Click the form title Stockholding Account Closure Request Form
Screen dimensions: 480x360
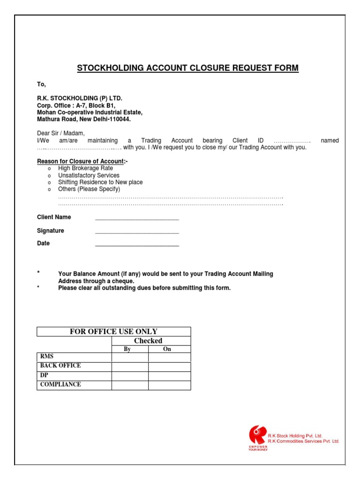point(187,68)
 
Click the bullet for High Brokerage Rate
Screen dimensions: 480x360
point(49,168)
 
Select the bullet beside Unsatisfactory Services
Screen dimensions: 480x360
point(49,175)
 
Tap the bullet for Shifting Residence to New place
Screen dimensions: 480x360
point(49,182)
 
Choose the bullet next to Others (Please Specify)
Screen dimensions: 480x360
point(49,189)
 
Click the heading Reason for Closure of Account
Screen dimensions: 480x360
point(82,161)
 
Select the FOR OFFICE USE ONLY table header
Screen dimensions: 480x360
point(113,331)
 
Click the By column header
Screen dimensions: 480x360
point(130,349)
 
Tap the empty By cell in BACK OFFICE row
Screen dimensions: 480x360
point(130,367)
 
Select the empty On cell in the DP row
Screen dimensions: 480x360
point(169,376)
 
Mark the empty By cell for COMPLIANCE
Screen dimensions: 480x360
point(130,385)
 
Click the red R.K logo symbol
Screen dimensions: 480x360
point(257,435)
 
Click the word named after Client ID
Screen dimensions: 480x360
point(330,141)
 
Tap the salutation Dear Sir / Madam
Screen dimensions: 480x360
point(61,133)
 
